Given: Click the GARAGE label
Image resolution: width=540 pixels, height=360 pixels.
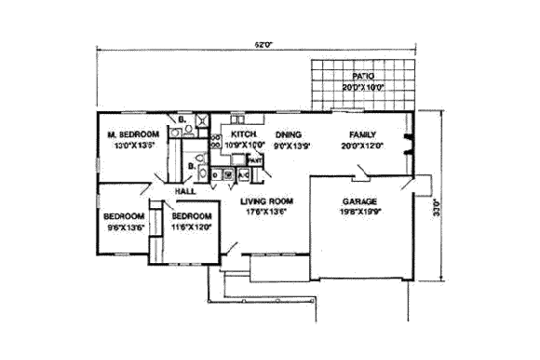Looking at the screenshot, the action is tap(361, 203).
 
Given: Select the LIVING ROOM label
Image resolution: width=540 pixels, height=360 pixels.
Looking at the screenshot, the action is tap(266, 201).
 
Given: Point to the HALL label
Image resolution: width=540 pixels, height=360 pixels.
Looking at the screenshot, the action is tap(186, 191).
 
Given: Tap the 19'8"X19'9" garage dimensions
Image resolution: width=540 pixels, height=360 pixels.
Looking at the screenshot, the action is tap(361, 214).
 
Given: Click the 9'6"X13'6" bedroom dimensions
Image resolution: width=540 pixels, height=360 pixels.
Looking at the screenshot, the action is tap(124, 228).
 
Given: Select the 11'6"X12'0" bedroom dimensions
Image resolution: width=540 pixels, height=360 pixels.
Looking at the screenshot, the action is tap(191, 228).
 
